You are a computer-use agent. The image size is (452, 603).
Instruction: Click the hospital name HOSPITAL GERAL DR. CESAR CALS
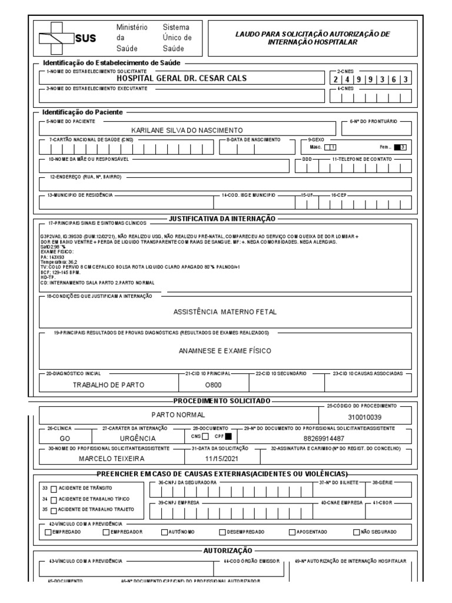click(181, 78)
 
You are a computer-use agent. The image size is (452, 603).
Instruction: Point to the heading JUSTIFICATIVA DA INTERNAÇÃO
click(222, 218)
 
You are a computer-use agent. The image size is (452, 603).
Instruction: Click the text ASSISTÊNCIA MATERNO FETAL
click(225, 311)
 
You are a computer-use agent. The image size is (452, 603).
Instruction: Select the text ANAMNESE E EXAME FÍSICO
click(225, 350)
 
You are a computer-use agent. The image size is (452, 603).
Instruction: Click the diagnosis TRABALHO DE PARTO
click(108, 385)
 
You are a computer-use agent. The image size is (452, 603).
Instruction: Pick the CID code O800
click(212, 385)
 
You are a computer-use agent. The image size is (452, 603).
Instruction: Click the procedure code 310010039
click(368, 417)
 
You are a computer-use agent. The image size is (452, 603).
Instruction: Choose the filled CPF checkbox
click(229, 436)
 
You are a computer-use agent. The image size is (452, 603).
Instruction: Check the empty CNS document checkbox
click(205, 436)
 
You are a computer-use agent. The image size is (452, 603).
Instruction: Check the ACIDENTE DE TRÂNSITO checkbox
click(54, 488)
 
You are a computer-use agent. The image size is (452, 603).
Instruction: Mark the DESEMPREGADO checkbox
click(223, 532)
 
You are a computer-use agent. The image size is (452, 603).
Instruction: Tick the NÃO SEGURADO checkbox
click(356, 532)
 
